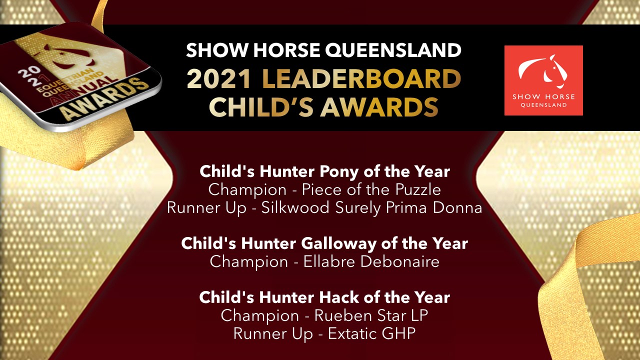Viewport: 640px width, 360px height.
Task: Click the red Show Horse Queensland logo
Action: coord(543,80)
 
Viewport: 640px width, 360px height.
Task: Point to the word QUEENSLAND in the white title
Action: coord(393,50)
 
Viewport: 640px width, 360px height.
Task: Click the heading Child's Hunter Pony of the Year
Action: coord(324,171)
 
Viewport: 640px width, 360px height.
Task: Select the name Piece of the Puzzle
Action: coord(371,189)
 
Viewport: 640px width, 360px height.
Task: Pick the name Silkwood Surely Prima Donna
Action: coord(371,207)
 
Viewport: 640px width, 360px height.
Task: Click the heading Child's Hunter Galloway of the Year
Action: coord(324,243)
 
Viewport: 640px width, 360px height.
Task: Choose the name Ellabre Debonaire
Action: coord(371,261)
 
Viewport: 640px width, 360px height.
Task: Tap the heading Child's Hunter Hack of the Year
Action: coord(324,297)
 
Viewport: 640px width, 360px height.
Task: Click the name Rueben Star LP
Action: coord(371,315)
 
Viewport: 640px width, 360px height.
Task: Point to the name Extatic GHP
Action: coord(371,333)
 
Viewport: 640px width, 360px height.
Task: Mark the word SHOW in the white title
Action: coord(217,50)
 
